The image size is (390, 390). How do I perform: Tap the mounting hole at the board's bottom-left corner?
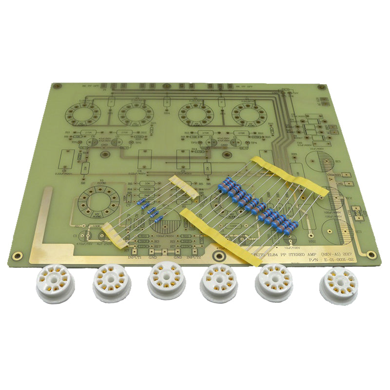coord(17,255)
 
